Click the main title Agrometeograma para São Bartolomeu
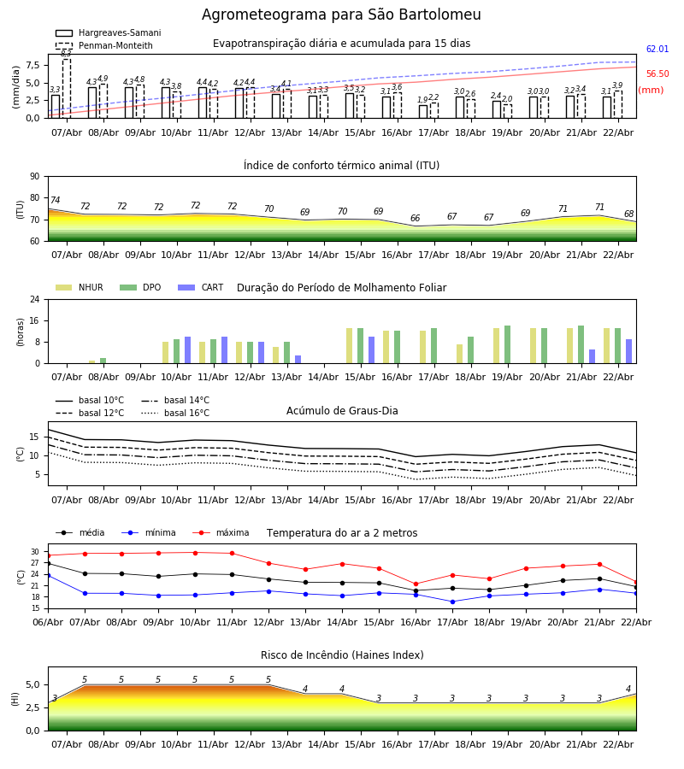pos(341,15)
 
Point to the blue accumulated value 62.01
pos(657,50)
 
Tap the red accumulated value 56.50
pos(657,74)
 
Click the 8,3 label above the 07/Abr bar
pos(66,53)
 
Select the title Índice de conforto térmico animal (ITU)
pos(341,166)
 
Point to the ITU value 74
pos(55,201)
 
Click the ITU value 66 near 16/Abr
pos(415,219)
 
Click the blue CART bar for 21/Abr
pos(592,356)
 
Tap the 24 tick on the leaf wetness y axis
pos(33,300)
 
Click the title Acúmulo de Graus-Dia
pos(342,411)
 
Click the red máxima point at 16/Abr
pos(416,584)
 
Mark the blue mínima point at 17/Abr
pos(452,602)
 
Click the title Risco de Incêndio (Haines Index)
pos(342,655)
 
